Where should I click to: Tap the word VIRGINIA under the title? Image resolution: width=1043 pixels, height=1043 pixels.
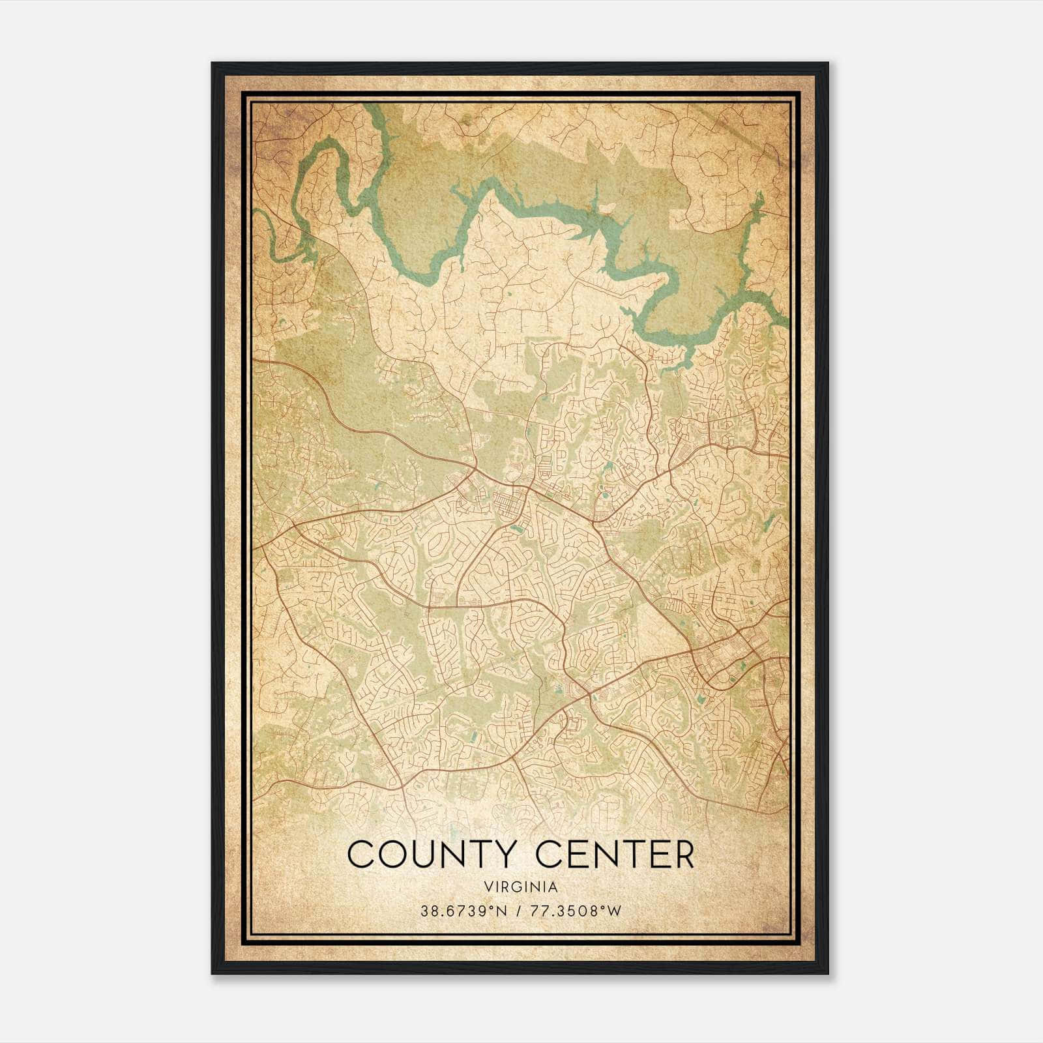[x=521, y=887]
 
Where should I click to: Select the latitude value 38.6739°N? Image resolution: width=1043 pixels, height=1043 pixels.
[x=463, y=910]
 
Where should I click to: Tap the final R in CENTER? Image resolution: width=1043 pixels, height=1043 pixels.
[x=683, y=855]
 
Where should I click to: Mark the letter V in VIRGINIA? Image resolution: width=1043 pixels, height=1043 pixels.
[x=488, y=887]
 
